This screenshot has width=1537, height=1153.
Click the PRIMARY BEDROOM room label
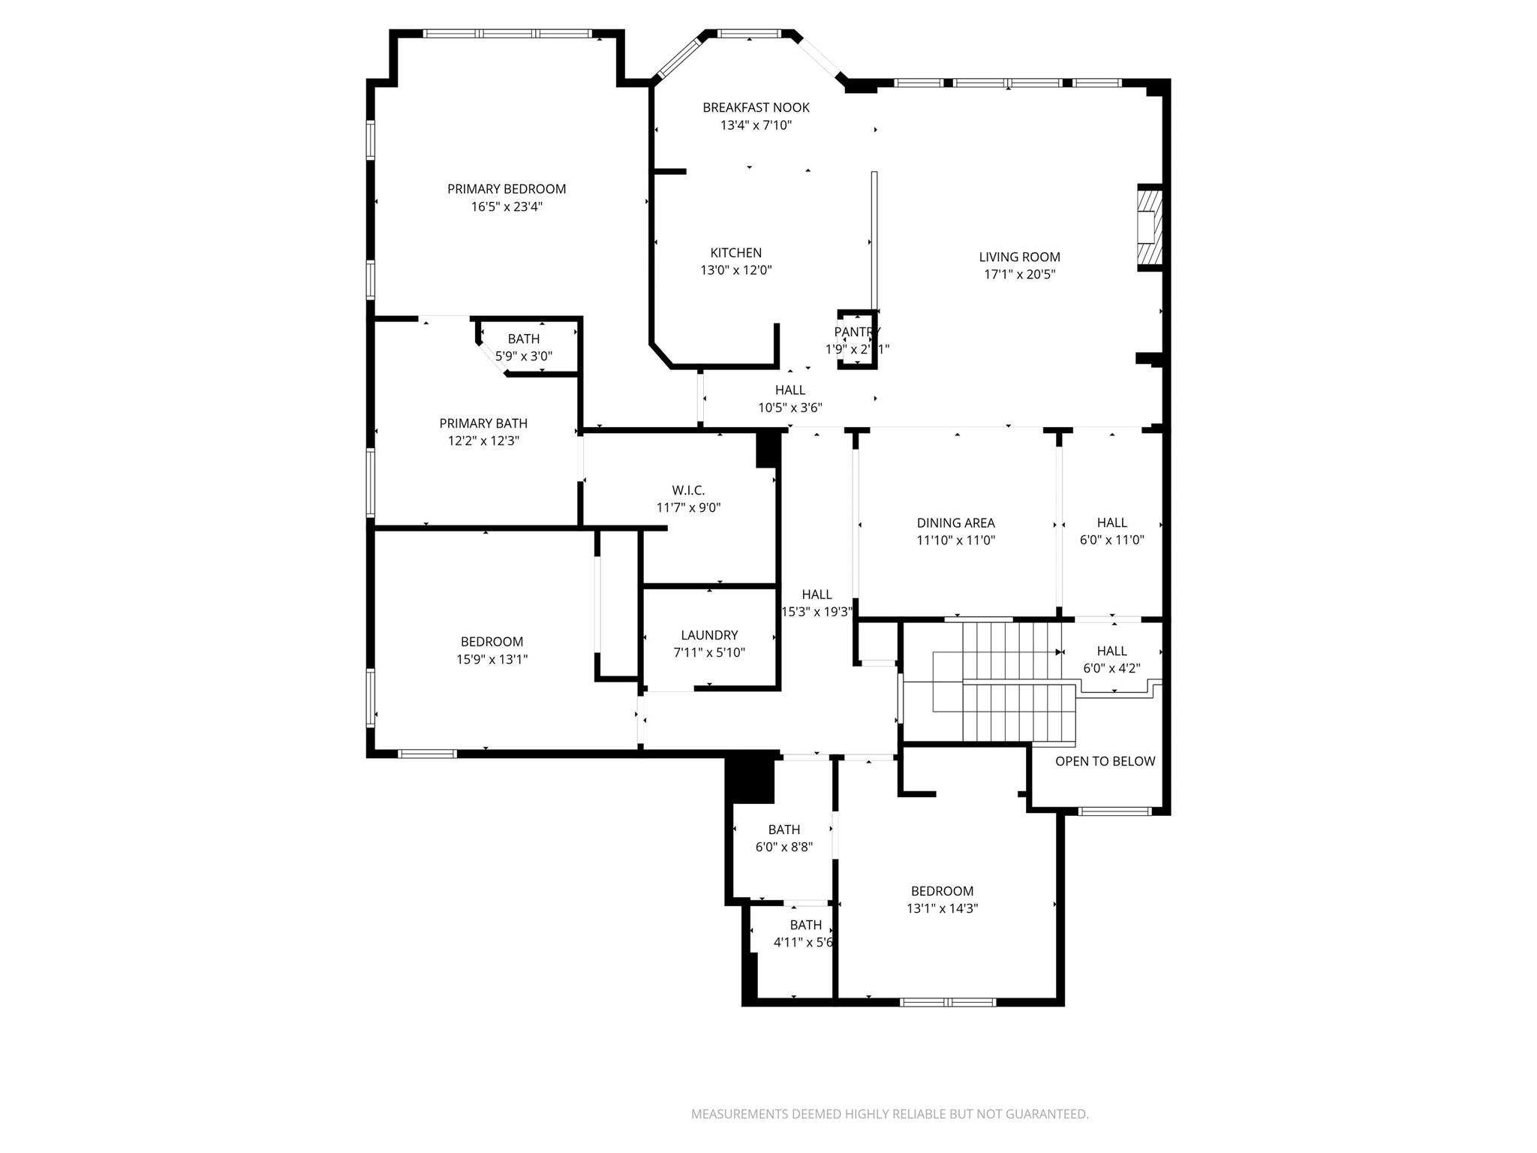[507, 189]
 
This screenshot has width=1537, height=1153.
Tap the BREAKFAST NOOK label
[756, 108]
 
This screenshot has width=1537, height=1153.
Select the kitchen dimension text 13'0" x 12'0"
[735, 270]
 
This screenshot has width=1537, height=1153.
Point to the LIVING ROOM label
[1019, 257]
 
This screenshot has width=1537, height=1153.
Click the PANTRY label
[857, 332]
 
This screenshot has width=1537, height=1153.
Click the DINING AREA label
[955, 523]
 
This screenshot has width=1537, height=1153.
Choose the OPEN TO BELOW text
[1105, 761]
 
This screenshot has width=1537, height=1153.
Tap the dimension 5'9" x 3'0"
[524, 357]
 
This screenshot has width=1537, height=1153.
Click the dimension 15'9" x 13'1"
[492, 660]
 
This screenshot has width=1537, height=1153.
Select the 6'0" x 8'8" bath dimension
[784, 847]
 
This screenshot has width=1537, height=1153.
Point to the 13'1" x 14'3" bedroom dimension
[942, 908]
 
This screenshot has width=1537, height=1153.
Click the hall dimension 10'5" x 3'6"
[790, 408]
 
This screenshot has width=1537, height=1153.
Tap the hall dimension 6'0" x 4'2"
[1111, 668]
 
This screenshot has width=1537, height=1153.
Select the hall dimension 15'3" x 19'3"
[817, 613]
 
